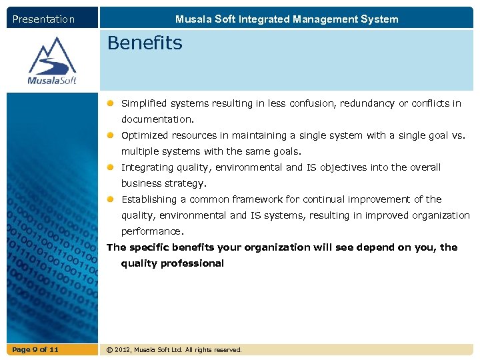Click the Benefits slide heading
144,43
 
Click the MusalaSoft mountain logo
52,60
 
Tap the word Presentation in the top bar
44,19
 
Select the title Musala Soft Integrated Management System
287,19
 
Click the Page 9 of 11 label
35,349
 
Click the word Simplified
143,103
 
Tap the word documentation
157,119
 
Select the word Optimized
144,135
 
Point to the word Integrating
146,167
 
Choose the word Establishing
148,199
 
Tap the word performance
151,231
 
